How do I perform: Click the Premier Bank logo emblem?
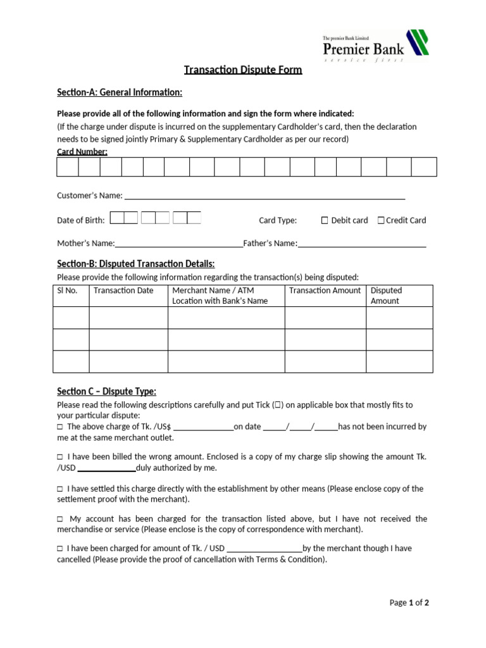click(417, 42)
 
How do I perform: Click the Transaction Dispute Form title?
click(243, 70)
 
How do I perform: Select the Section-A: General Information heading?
click(120, 93)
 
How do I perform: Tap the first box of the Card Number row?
click(68, 166)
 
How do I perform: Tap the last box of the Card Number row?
click(424, 166)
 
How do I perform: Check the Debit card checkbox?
click(325, 220)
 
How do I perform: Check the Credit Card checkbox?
click(381, 220)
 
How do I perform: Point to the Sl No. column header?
click(67, 290)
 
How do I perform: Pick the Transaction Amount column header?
click(325, 290)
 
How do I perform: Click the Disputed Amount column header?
click(386, 296)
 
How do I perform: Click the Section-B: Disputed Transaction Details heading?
click(135, 263)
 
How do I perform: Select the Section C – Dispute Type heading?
click(106, 391)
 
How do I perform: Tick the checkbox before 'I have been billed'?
click(60, 457)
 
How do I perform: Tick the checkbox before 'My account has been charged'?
click(60, 519)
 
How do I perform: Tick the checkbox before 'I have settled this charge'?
click(60, 489)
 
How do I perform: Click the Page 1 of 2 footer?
click(409, 602)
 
